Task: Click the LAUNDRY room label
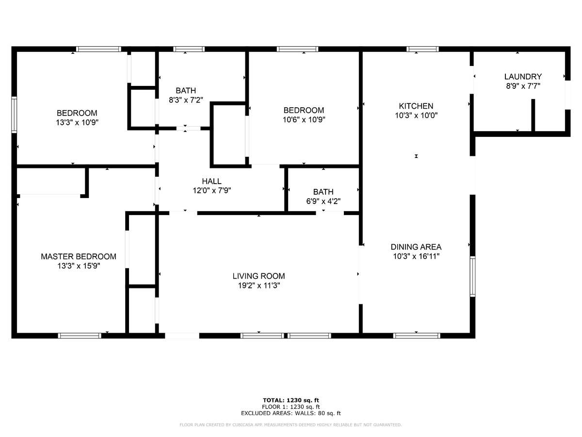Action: tap(523, 77)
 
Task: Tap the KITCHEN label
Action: tap(416, 106)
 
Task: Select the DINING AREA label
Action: tap(416, 247)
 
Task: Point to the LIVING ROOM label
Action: tap(259, 276)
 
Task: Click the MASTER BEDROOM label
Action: tap(79, 256)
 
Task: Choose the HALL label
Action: tap(211, 181)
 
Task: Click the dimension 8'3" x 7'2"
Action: tap(186, 100)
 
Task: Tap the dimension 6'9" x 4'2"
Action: tap(323, 201)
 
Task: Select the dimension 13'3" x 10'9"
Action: tap(77, 122)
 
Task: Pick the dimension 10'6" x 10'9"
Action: tap(304, 119)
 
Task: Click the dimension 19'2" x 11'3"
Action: tap(259, 286)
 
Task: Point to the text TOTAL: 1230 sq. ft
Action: tap(291, 401)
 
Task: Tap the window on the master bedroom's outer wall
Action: tap(80, 336)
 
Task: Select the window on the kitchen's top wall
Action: tap(422, 49)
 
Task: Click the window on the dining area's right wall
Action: tap(472, 276)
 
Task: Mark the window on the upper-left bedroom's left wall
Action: tap(14, 115)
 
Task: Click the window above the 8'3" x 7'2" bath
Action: tap(189, 49)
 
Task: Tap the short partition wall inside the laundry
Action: tap(533, 115)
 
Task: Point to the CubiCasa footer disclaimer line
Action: tap(291, 425)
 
